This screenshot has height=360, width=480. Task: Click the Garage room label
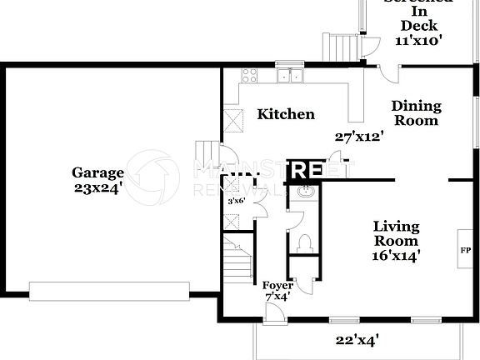pyautogui.click(x=97, y=173)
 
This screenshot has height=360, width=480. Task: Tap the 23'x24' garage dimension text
pyautogui.click(x=97, y=188)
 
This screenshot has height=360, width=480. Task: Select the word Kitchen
pyautogui.click(x=285, y=114)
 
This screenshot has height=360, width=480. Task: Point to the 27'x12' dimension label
pyautogui.click(x=358, y=137)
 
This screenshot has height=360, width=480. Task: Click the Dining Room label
pyautogui.click(x=416, y=113)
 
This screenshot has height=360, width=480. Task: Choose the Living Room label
pyautogui.click(x=396, y=234)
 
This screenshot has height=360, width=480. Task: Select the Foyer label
pyautogui.click(x=277, y=286)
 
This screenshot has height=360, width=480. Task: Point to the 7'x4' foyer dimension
pyautogui.click(x=277, y=297)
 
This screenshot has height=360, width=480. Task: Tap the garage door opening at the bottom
pyautogui.click(x=124, y=290)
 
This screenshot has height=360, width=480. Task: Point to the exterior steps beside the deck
pyautogui.click(x=340, y=47)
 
